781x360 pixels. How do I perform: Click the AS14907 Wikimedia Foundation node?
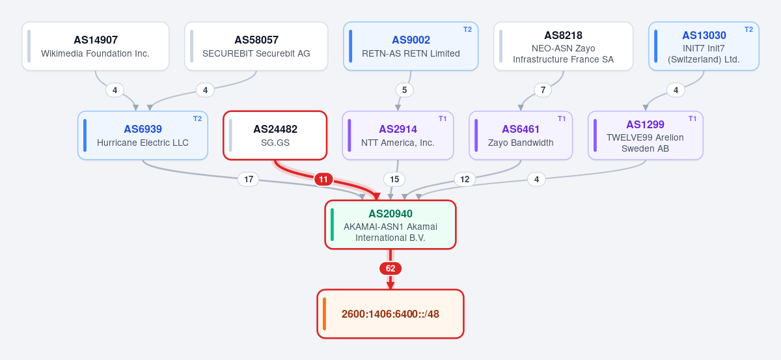96,46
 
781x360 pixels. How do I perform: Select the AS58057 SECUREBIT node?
256,46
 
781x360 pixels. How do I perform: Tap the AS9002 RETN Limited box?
411,46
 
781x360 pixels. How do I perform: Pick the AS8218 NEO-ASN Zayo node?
564,46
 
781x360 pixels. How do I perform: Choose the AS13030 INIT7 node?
704,46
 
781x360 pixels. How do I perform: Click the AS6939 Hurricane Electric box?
143,135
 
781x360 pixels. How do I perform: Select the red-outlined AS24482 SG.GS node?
275,135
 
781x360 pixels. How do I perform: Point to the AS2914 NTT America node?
398,135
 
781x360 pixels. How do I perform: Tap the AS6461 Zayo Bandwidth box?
521,135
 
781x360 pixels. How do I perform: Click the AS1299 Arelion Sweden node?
646,135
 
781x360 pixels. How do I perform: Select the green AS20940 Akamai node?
390,225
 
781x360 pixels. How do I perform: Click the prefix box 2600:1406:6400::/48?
390,314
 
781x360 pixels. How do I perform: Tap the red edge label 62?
390,269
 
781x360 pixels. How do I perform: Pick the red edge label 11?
323,180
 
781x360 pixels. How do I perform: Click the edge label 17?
249,179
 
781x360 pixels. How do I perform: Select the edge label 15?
394,179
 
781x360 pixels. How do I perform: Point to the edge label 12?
465,179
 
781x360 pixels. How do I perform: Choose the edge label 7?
543,90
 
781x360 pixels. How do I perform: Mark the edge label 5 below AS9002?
404,90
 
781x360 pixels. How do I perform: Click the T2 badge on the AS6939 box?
197,118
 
